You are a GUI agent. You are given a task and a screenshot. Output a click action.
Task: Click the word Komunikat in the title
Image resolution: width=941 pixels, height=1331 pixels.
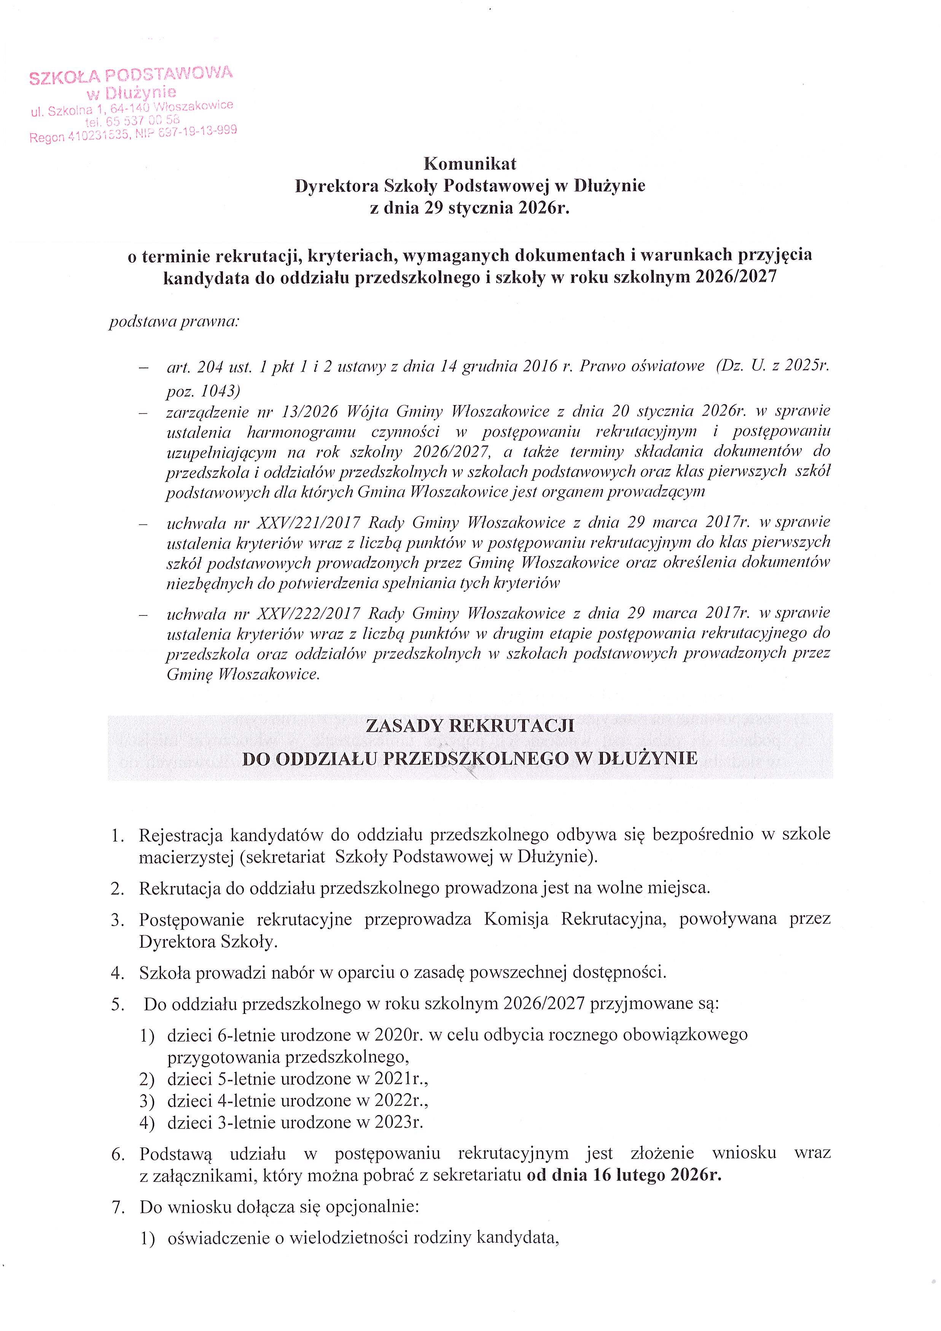click(470, 164)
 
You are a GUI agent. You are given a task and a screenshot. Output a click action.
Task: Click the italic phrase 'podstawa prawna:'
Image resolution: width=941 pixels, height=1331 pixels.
click(174, 322)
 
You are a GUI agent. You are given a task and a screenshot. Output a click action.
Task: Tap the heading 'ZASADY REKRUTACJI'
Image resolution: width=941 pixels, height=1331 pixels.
click(470, 726)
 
